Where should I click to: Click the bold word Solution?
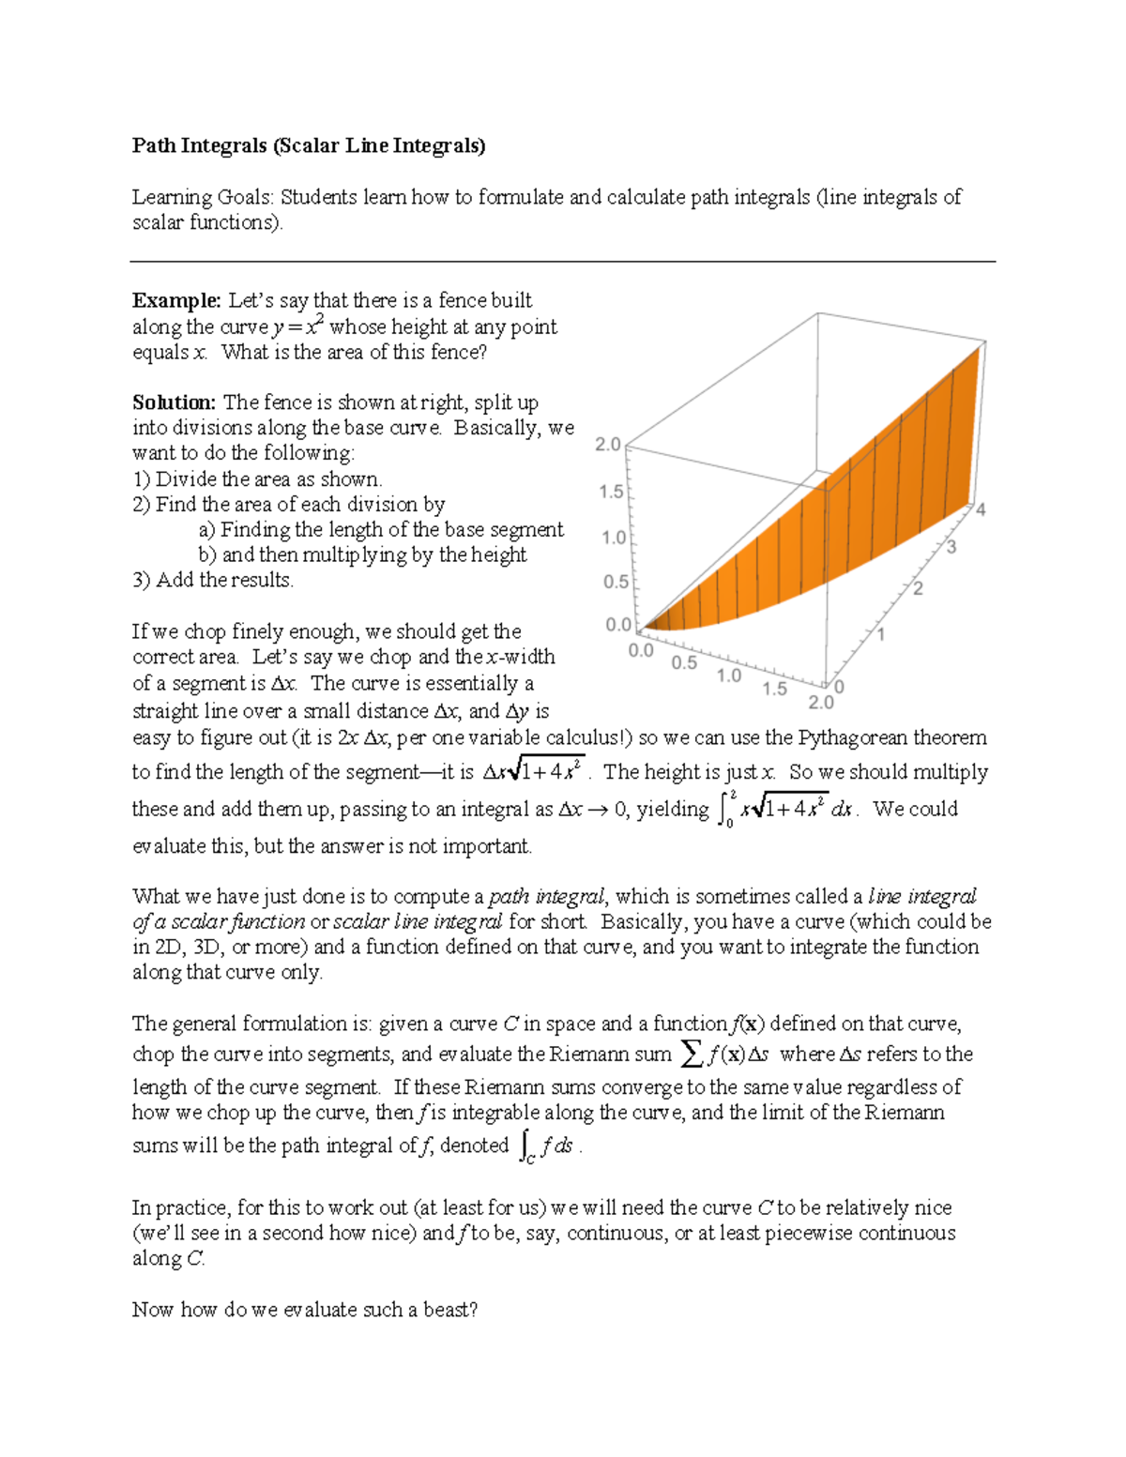175,402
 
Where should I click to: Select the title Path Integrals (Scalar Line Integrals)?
309,145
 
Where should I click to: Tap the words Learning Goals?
204,197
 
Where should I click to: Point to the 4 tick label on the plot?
981,510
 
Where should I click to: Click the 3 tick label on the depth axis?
951,547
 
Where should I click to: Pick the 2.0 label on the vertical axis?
608,445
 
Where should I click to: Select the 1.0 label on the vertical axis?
614,538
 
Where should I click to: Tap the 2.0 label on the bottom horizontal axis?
821,703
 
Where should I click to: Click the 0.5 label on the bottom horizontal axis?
684,662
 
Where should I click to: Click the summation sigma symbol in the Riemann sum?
692,1055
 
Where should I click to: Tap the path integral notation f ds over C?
546,1146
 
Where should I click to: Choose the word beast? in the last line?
450,1310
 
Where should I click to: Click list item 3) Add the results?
213,581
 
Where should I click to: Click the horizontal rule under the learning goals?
563,262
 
